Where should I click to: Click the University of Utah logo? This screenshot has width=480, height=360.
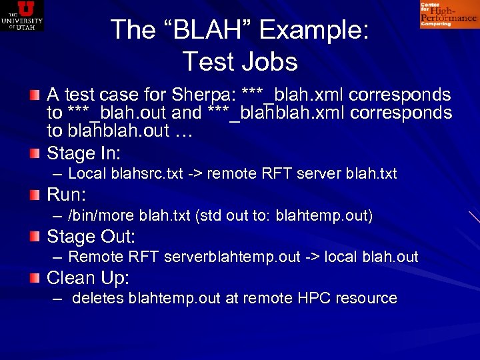click(22, 15)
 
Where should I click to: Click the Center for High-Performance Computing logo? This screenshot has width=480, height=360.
click(448, 15)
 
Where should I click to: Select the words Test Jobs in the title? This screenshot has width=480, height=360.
click(239, 62)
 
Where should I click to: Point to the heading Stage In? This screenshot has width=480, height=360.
click(83, 154)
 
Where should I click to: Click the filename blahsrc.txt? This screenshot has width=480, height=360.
click(144, 175)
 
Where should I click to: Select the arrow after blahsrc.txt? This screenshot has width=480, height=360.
click(195, 175)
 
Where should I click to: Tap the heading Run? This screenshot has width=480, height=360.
click(67, 195)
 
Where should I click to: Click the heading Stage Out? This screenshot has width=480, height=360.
click(91, 237)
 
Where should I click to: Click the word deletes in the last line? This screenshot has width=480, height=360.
click(98, 299)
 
